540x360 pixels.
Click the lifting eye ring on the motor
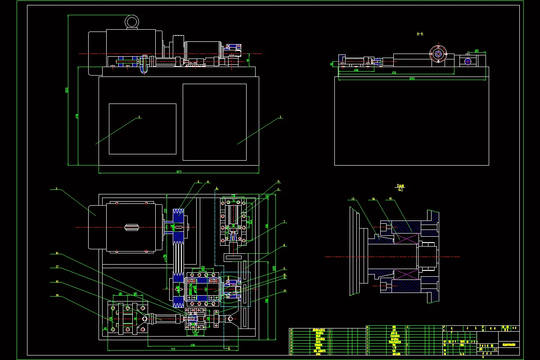pos(132,22)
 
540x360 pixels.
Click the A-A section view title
pos(420,33)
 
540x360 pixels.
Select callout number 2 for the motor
pos(56,189)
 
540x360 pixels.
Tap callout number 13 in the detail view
pos(353,198)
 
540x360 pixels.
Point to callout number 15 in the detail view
pos(391,198)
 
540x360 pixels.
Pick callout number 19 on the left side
pos(57,295)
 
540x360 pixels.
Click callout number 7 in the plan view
pos(284,221)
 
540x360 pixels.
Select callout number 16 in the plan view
pos(57,253)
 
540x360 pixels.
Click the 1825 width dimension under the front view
pos(178,171)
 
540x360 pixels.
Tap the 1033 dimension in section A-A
pos(411,79)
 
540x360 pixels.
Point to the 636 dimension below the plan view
pos(193,345)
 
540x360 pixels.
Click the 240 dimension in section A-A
pos(355,70)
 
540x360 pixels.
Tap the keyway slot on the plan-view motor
pos(131,227)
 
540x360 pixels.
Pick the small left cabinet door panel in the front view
pos(142,129)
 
